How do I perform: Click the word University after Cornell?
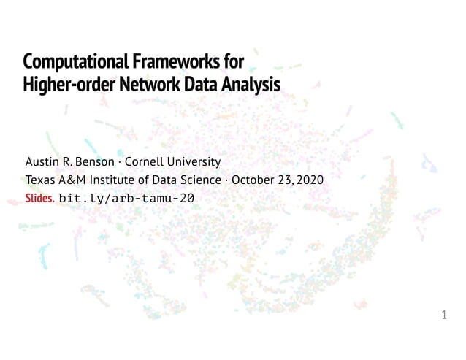pyautogui.click(x=194, y=161)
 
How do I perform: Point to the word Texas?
pyautogui.click(x=39, y=180)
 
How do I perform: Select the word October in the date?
pyautogui.click(x=254, y=180)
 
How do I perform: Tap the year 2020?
pyautogui.click(x=308, y=180)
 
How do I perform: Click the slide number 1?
pyautogui.click(x=444, y=315)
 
